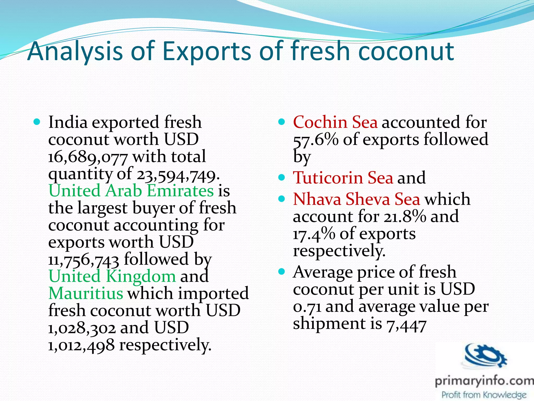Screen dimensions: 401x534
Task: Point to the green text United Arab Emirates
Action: pyautogui.click(x=131, y=191)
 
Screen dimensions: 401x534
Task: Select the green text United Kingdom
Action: pyautogui.click(x=112, y=276)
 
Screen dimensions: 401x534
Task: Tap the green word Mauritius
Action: pyautogui.click(x=86, y=293)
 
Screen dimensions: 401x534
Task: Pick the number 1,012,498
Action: pyautogui.click(x=81, y=345)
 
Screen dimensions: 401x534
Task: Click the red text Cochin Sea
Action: pyautogui.click(x=335, y=122)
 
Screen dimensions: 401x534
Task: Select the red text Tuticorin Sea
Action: pyautogui.click(x=343, y=178)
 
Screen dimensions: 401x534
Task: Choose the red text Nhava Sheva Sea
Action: pyautogui.click(x=356, y=199)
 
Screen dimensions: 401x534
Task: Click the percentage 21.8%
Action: pyautogui.click(x=405, y=217)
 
